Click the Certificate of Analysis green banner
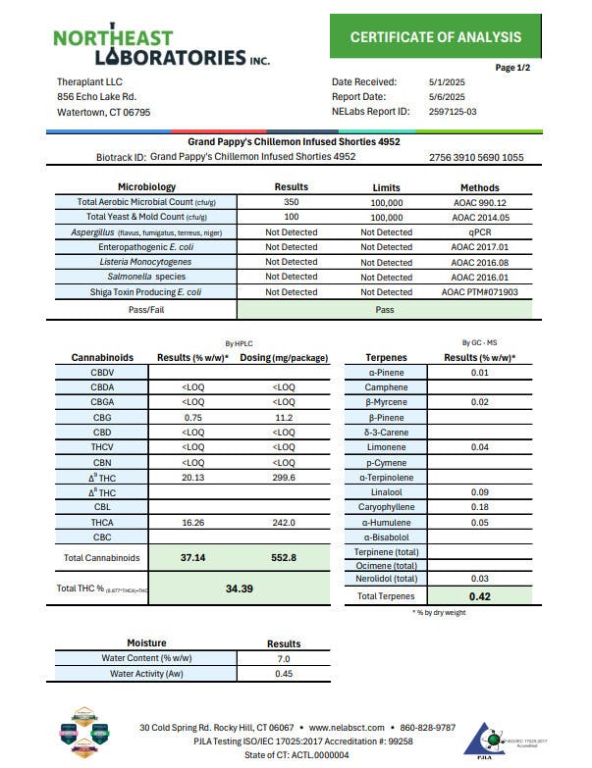tap(436, 37)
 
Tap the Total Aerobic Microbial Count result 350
tap(291, 202)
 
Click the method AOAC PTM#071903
tap(480, 292)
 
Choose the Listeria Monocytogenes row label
tap(146, 262)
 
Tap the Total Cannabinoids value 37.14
tap(191, 557)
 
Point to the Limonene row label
tap(386, 446)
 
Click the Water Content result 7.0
tap(284, 659)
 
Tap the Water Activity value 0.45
tap(284, 674)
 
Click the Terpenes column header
tap(386, 357)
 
